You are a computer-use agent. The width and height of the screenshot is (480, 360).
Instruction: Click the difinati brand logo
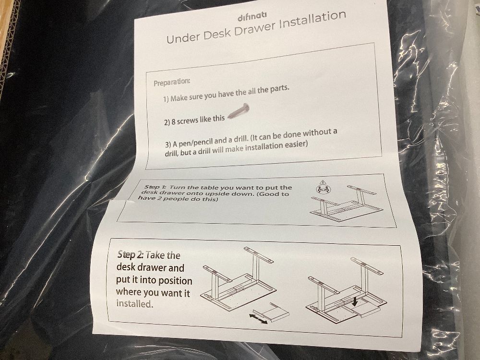[252, 17]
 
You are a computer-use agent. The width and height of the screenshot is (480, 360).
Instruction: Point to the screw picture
[239, 111]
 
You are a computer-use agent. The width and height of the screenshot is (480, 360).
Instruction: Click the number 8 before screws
[173, 122]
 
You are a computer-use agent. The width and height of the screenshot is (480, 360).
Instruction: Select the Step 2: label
[131, 255]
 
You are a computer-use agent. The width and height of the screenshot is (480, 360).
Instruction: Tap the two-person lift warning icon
[322, 187]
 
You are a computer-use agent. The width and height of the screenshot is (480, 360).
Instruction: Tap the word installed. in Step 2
[134, 304]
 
